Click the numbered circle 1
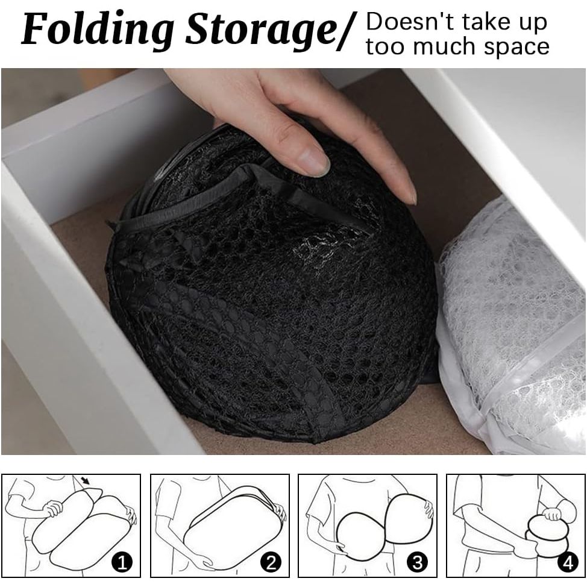coord(124,563)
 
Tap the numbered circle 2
coord(271,563)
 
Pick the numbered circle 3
coord(416,563)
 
